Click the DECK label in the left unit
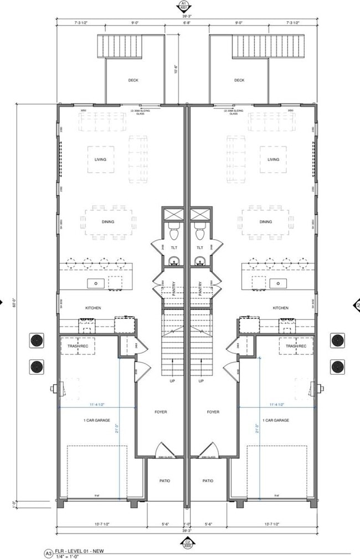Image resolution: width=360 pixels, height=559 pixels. (x=133, y=80)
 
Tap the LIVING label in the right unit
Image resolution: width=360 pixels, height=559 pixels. (x=274, y=159)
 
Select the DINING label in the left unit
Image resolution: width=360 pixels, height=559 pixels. (x=108, y=222)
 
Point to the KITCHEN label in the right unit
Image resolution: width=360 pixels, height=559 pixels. (x=281, y=308)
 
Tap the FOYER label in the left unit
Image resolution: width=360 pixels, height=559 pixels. (x=161, y=412)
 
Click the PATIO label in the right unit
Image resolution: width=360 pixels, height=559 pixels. (x=208, y=480)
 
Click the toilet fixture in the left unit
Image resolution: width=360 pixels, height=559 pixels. (x=173, y=232)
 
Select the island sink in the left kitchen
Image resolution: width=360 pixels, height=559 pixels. (x=96, y=283)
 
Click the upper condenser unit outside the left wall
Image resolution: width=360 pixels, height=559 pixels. (x=37, y=340)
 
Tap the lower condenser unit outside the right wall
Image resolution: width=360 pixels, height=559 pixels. (x=338, y=366)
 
